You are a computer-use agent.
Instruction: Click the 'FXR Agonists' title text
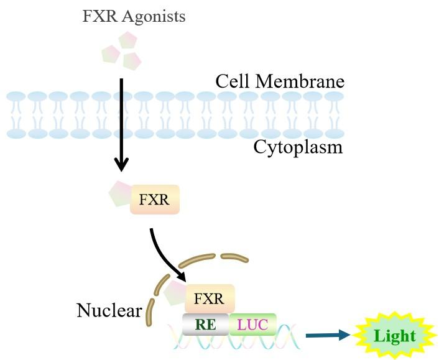click(134, 17)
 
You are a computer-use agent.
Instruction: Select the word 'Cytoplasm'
click(298, 148)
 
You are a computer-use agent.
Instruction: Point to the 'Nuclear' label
click(109, 310)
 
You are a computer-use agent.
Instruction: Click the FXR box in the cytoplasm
click(155, 200)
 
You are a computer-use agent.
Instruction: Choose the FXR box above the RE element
click(210, 298)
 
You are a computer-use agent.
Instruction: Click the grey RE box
click(205, 324)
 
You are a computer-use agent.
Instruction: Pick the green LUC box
click(252, 324)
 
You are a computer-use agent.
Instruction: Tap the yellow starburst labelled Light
click(394, 336)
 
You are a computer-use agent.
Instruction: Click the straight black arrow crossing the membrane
click(122, 124)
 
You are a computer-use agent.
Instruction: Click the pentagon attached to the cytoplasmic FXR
click(121, 194)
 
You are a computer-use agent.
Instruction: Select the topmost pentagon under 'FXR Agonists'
click(127, 41)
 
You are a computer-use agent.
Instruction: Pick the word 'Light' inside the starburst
click(394, 336)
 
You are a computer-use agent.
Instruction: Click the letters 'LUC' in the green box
click(252, 324)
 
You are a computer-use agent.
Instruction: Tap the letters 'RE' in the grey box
click(205, 324)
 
